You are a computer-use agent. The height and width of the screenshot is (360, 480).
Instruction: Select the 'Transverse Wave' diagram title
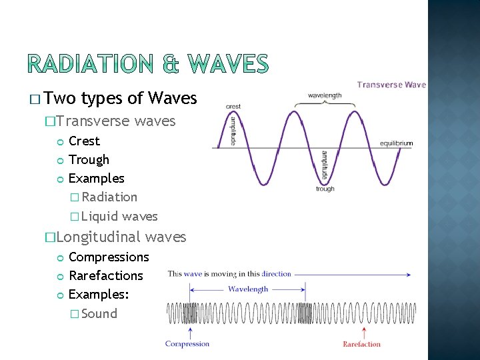391,85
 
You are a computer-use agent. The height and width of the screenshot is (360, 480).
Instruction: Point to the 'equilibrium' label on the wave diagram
396,143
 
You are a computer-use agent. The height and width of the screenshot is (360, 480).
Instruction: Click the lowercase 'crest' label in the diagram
233,107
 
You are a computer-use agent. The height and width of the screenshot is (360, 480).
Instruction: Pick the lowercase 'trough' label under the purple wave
325,189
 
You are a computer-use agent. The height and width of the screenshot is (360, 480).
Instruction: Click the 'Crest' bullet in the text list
84,141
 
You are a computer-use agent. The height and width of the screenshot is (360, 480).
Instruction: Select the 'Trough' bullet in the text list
89,159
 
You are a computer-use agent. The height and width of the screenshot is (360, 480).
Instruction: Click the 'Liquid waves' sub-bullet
119,216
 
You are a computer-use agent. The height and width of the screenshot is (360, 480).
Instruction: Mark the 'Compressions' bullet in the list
109,257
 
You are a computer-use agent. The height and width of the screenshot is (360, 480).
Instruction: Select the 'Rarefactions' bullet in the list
106,275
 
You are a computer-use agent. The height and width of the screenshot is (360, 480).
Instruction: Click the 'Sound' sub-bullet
99,313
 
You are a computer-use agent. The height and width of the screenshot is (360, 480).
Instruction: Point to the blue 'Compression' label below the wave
187,344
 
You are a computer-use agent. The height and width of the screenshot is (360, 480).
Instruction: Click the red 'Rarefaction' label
361,344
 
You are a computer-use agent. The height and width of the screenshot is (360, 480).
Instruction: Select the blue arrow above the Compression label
191,331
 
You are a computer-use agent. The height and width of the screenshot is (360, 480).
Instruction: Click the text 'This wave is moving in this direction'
229,274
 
